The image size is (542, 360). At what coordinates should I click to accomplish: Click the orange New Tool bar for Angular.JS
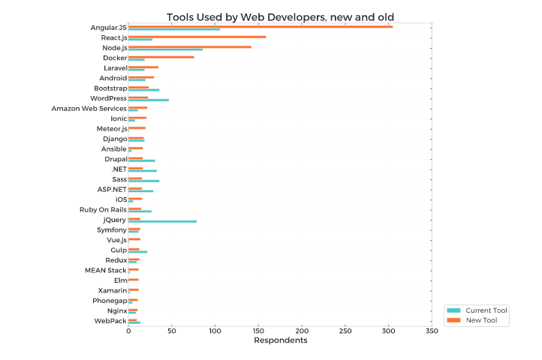(260, 26)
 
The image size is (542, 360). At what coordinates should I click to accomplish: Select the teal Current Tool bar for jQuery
(162, 221)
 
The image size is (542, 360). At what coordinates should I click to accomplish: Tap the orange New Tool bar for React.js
(197, 36)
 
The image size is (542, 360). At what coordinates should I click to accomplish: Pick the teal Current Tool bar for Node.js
(165, 49)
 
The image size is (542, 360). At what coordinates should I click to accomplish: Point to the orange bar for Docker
(161, 56)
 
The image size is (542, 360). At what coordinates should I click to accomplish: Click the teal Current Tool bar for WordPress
(149, 100)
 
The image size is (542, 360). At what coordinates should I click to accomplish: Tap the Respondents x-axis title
(280, 340)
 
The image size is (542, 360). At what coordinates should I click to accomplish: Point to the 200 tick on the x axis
(302, 330)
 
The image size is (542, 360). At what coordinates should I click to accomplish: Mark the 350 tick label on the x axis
(432, 330)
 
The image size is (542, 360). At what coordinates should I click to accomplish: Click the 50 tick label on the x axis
(172, 330)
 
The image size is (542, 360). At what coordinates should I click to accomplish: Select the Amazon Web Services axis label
(89, 108)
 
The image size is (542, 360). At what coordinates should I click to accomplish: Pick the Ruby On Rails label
(103, 209)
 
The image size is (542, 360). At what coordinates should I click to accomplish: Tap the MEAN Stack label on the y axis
(105, 270)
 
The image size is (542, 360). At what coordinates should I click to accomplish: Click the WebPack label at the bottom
(110, 320)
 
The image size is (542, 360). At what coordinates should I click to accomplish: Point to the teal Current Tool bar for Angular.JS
(174, 29)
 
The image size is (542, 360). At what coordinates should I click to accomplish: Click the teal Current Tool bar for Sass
(143, 181)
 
